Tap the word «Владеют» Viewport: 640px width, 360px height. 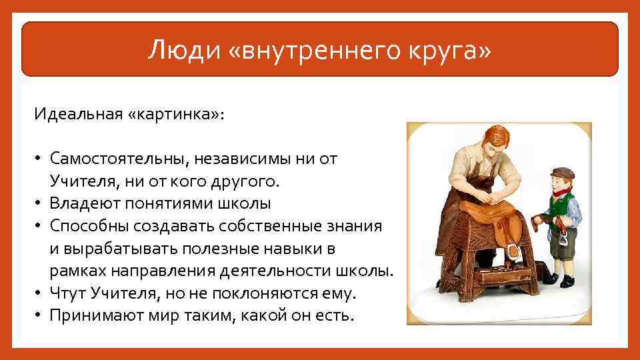click(x=86, y=203)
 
